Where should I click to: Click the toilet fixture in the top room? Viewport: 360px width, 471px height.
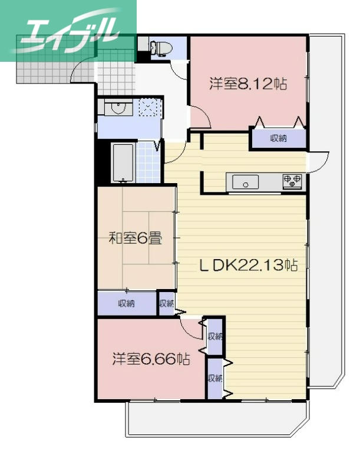tap(160, 48)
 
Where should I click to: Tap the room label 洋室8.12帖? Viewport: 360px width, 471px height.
tap(247, 84)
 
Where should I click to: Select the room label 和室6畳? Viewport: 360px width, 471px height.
tap(136, 238)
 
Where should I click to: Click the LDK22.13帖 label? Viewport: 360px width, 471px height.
tap(247, 266)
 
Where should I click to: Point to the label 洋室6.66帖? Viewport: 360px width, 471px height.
tap(151, 359)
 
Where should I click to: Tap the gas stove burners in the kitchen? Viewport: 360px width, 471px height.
tap(292, 181)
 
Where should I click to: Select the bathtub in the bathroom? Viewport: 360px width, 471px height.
tap(123, 162)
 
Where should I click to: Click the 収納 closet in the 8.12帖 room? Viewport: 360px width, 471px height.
tap(278, 139)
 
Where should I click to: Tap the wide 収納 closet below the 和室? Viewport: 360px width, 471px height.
tap(126, 304)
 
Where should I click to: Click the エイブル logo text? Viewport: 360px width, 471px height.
tap(68, 29)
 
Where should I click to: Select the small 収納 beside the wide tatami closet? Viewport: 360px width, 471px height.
tap(166, 304)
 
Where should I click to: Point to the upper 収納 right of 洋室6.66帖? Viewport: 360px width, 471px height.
tap(214, 337)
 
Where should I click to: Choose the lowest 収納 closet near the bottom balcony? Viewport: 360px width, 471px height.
tap(214, 377)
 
